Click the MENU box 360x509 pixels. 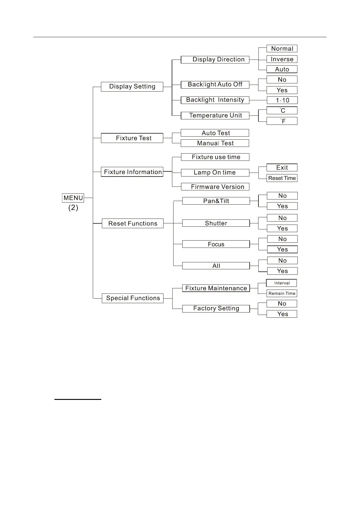click(x=73, y=198)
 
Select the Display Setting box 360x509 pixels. click(x=132, y=86)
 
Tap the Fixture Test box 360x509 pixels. click(x=132, y=138)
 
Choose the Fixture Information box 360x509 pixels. click(x=132, y=172)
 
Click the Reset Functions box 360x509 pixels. click(x=133, y=223)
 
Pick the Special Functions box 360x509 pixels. click(x=133, y=298)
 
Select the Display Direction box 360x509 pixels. click(x=215, y=60)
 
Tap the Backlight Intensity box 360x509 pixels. click(x=215, y=100)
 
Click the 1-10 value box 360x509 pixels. click(x=282, y=100)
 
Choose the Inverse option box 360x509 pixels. click(x=282, y=59)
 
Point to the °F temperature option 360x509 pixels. click(x=282, y=121)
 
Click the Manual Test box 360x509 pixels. click(x=215, y=143)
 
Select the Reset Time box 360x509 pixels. click(x=282, y=178)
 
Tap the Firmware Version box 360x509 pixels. click(x=215, y=187)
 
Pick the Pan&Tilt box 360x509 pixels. click(x=216, y=201)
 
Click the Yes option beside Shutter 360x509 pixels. click(x=282, y=228)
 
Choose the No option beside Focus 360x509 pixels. click(x=282, y=239)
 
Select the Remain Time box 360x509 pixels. click(x=282, y=293)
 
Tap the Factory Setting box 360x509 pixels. click(x=216, y=308)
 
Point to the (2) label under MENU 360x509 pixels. click(x=73, y=208)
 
